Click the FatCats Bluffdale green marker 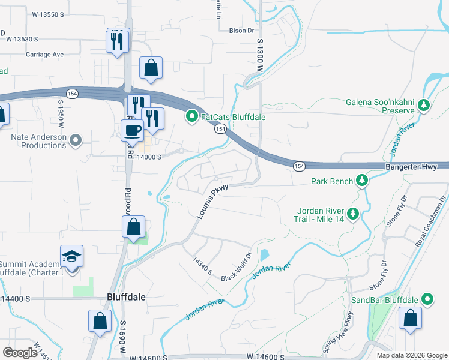(x=192, y=116)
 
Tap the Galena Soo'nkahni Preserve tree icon (x=424, y=106)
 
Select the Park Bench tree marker (x=361, y=180)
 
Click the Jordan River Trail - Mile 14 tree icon (x=354, y=212)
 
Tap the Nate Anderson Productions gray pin (x=75, y=142)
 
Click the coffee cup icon (x=132, y=129)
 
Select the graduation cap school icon (x=71, y=256)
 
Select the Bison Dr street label (x=242, y=29)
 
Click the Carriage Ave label (x=44, y=54)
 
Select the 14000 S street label (x=149, y=157)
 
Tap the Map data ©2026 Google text (x=411, y=355)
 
